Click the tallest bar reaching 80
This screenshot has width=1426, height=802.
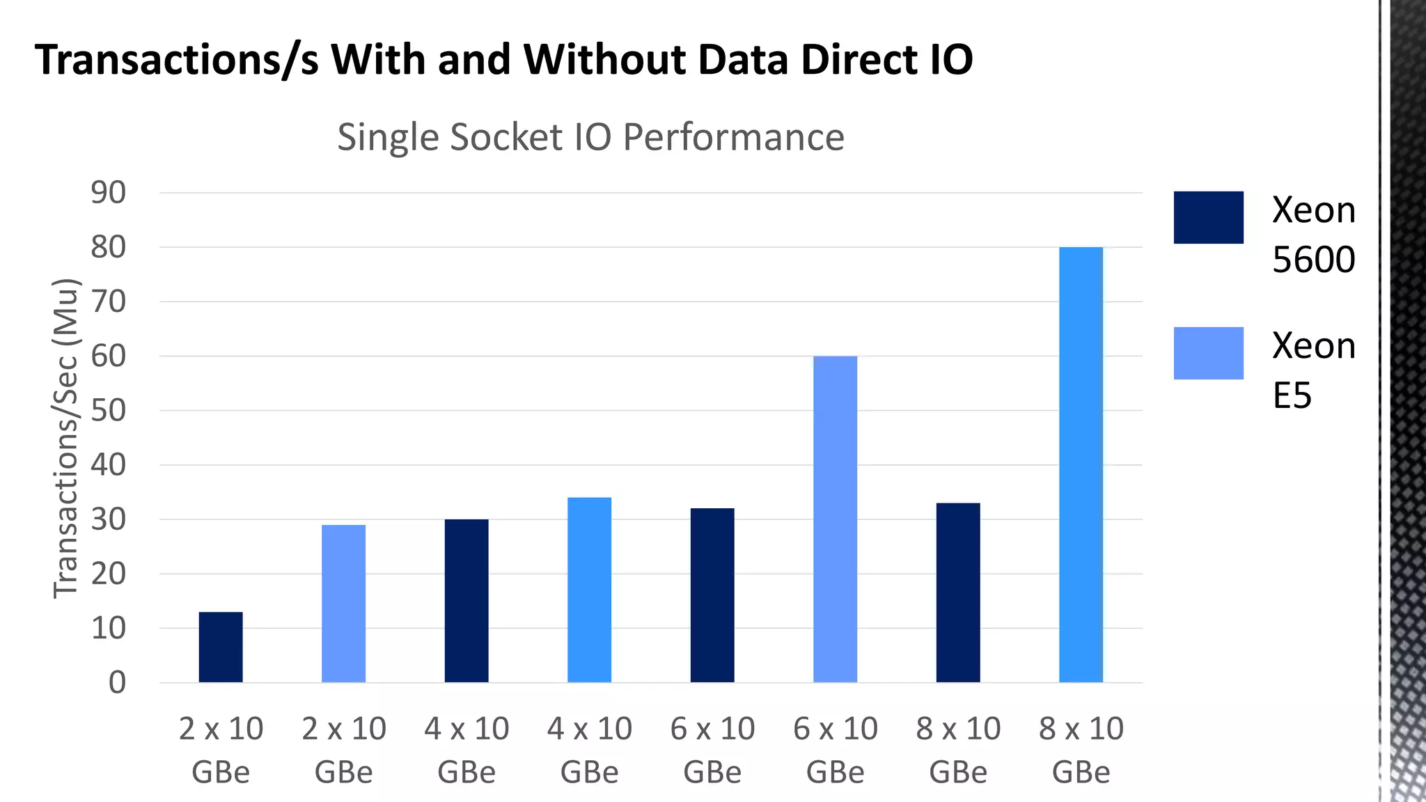(x=1081, y=464)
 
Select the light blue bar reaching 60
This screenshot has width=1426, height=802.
(x=835, y=519)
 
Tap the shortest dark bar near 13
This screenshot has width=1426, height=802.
(x=221, y=647)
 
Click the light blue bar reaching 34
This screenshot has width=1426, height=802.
(x=589, y=590)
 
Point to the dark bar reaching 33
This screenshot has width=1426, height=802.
(x=958, y=592)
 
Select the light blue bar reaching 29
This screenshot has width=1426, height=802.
(x=343, y=603)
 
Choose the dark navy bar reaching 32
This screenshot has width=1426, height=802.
(x=712, y=595)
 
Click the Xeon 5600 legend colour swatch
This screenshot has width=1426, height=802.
(x=1208, y=217)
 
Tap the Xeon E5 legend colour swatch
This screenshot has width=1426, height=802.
(x=1208, y=353)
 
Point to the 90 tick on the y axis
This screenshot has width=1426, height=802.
(x=109, y=193)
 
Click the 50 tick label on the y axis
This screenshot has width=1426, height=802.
(x=109, y=411)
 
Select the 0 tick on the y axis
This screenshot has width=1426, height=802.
(x=117, y=682)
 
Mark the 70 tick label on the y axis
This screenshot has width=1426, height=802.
(x=109, y=302)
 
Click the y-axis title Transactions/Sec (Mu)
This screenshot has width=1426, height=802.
(x=66, y=439)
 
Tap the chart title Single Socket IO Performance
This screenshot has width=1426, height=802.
(x=590, y=136)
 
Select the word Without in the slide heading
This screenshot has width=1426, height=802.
(x=605, y=59)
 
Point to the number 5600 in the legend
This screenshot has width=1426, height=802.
(x=1313, y=260)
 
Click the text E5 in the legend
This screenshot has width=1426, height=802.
(x=1292, y=395)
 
